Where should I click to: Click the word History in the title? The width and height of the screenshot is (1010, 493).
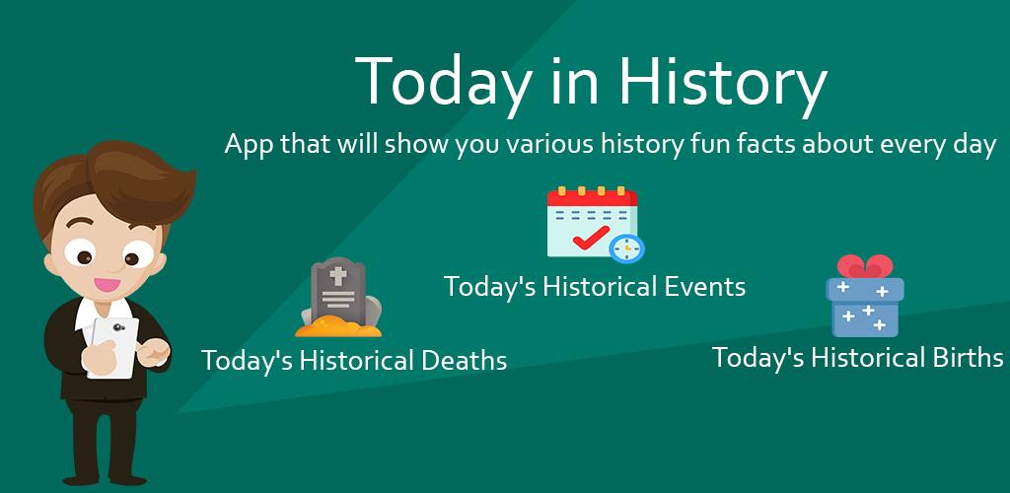coord(722,83)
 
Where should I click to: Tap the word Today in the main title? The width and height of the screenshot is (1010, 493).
coord(443,83)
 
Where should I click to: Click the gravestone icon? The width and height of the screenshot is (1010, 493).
coord(338,297)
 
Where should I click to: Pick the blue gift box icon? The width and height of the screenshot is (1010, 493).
coord(864,296)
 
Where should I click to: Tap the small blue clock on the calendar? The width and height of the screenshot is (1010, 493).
coord(626,247)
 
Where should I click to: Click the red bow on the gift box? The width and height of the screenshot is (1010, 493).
coord(864,266)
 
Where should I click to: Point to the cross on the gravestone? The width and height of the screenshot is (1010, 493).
coord(338,276)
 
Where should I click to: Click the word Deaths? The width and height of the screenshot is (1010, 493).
coord(464,360)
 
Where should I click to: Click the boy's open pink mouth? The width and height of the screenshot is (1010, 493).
coord(107,283)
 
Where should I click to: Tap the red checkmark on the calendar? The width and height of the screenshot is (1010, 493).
coord(591,237)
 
